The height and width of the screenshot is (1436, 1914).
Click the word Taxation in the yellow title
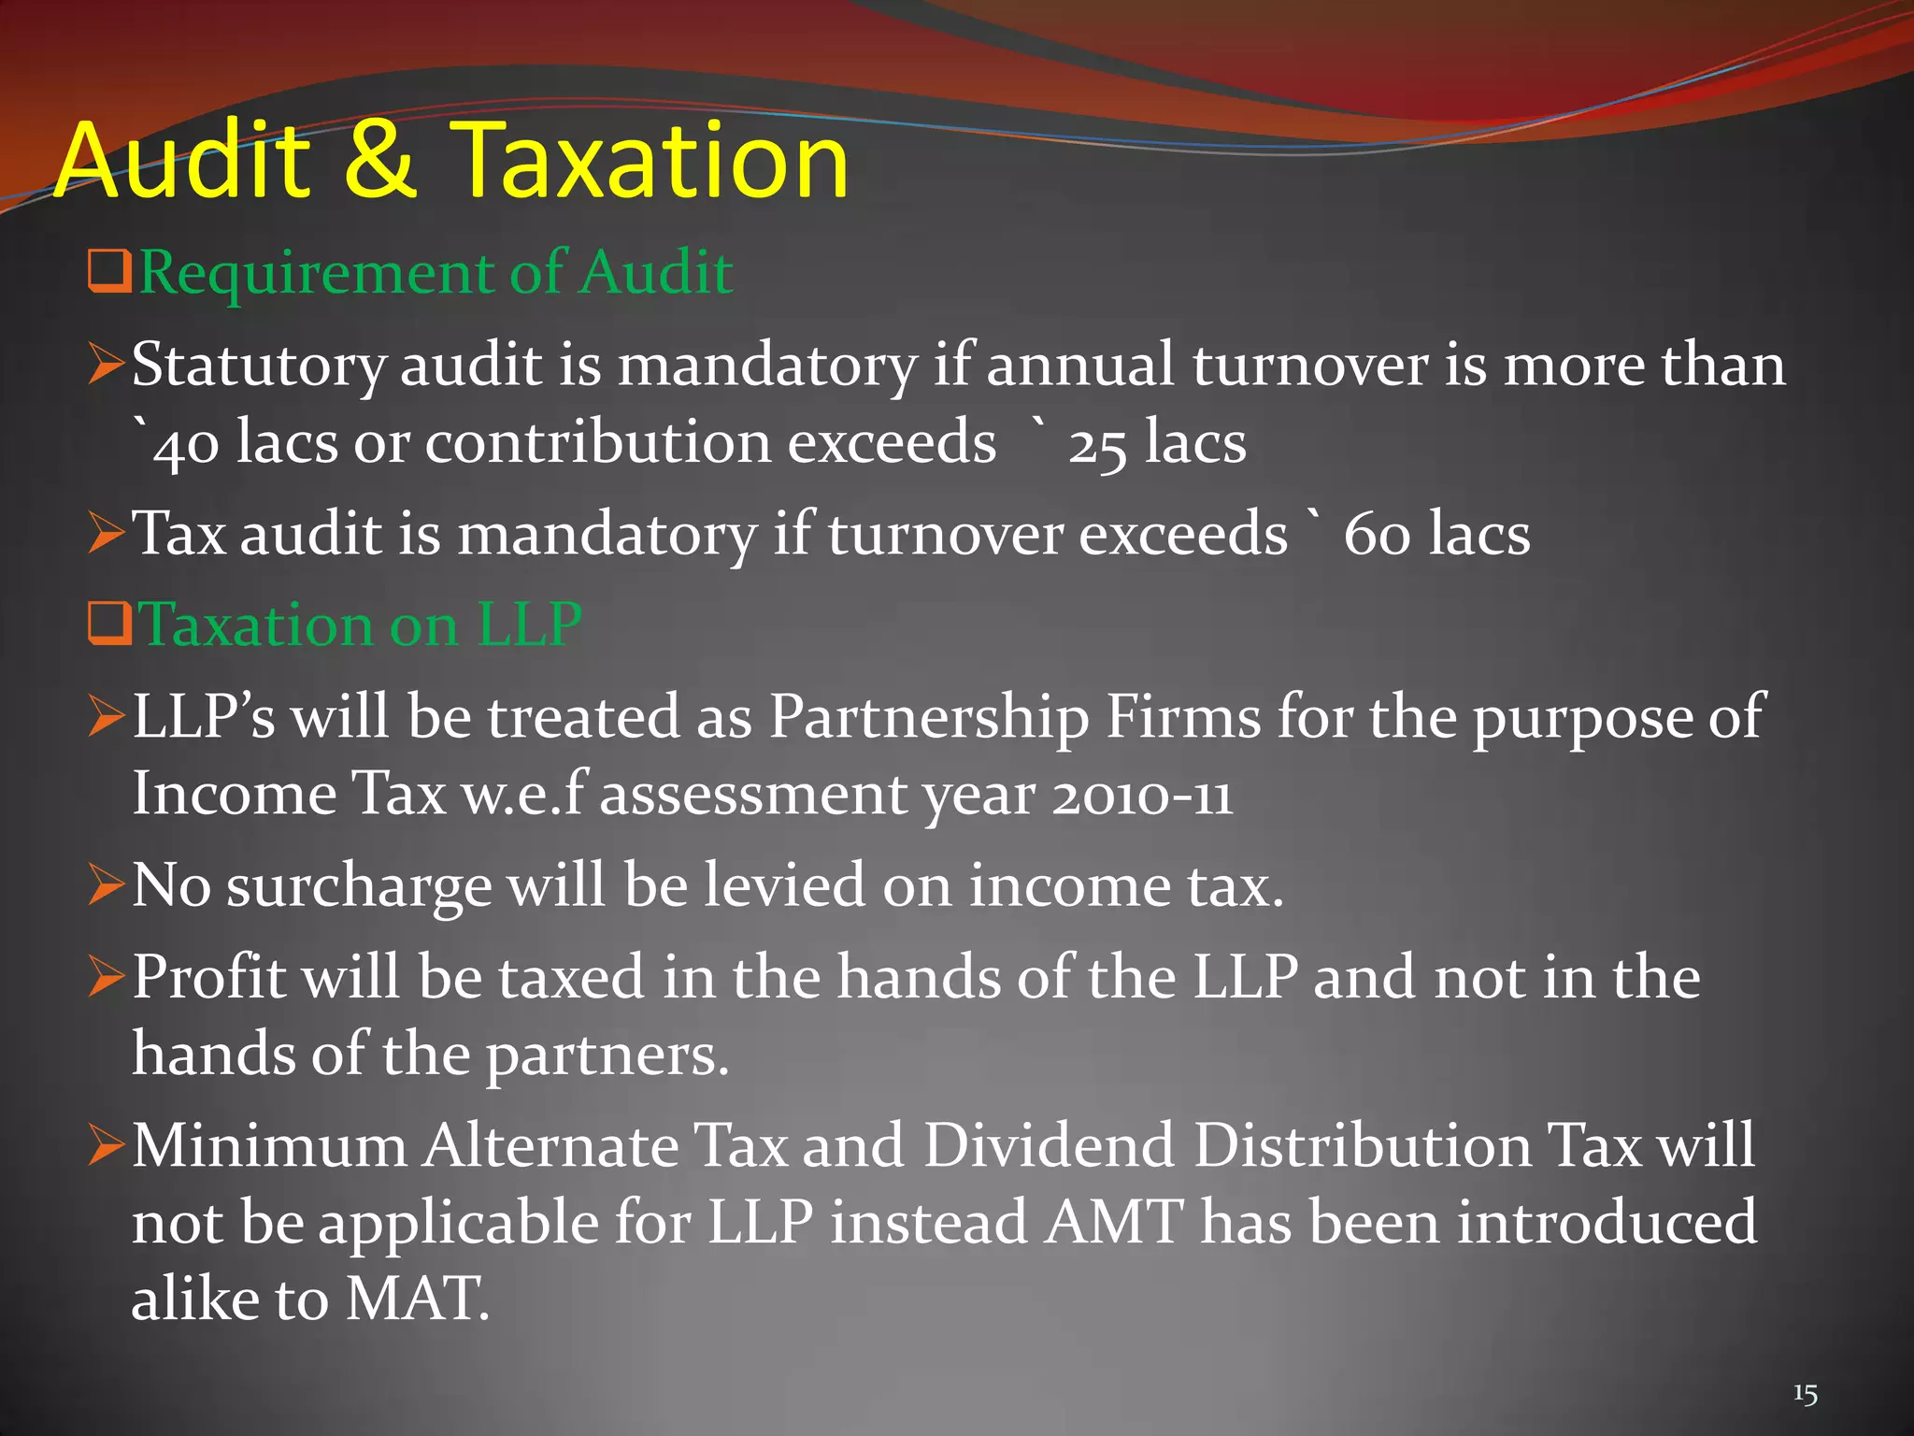click(x=650, y=161)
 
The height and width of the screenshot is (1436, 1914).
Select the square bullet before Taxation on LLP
click(x=108, y=625)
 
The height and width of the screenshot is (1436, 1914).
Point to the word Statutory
click(x=258, y=365)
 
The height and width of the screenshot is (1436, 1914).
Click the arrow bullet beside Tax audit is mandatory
click(x=107, y=533)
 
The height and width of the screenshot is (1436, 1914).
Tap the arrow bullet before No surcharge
click(x=107, y=884)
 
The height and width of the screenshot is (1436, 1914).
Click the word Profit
click(x=208, y=978)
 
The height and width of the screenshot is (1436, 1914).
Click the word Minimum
click(x=269, y=1146)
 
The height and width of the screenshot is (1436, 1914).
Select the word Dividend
click(x=1049, y=1146)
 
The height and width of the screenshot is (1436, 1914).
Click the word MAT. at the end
click(x=417, y=1300)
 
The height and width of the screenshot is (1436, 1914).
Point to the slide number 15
click(x=1805, y=1395)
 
